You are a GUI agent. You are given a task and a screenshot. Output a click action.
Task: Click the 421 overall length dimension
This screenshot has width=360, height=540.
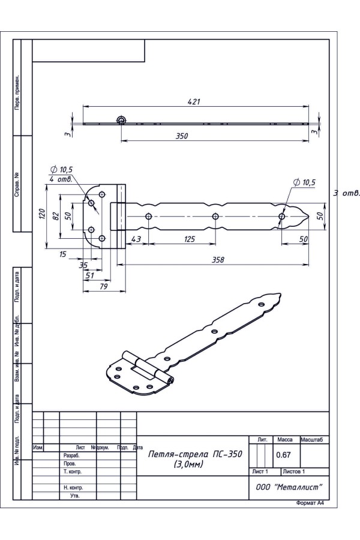point(194,101)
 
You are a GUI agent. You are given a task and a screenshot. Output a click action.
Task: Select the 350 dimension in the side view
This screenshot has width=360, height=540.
point(182,136)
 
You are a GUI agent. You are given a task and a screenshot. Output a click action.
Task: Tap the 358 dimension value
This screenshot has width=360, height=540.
point(218,259)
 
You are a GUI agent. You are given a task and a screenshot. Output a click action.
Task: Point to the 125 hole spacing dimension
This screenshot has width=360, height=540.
point(190,239)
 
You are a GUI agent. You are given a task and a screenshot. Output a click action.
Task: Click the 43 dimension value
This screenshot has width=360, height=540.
point(136,239)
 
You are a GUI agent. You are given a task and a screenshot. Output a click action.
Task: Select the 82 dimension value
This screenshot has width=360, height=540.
point(55,215)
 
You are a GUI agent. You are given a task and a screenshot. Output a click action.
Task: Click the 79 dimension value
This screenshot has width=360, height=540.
point(103,286)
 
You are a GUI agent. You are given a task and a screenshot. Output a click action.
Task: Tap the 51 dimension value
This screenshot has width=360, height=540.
point(89,275)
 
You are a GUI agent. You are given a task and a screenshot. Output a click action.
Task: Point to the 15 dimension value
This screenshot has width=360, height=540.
point(62,254)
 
